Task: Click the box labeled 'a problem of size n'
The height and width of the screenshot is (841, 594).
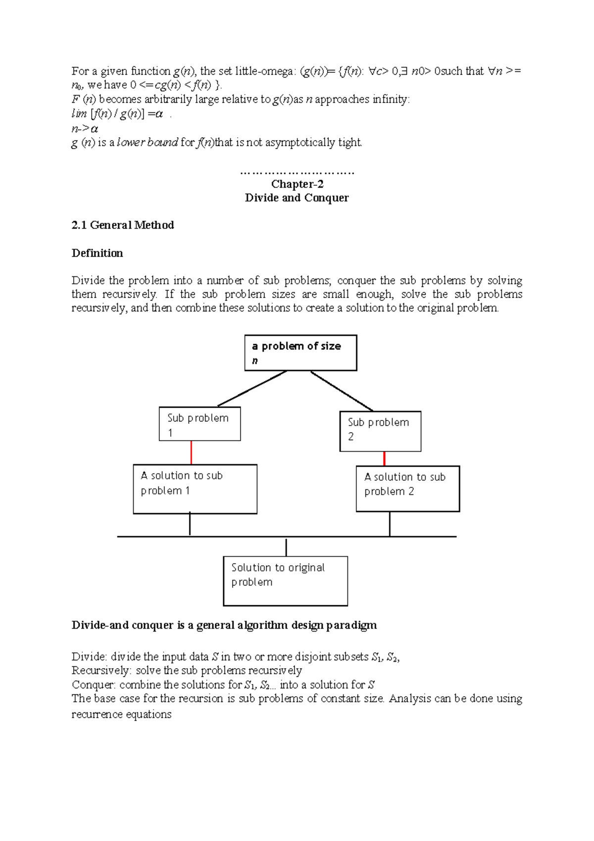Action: (x=300, y=353)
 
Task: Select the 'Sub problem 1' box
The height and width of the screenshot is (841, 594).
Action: (x=199, y=424)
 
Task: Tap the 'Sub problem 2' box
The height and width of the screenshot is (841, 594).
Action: (x=380, y=431)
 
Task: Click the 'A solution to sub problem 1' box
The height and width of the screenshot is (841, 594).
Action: (x=195, y=489)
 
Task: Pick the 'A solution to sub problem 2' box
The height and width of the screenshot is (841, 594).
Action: (x=407, y=488)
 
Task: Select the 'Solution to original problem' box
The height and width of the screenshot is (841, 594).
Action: (x=285, y=580)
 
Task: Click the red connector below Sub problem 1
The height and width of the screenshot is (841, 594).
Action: (x=191, y=452)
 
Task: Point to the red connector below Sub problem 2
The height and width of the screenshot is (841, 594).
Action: (x=384, y=458)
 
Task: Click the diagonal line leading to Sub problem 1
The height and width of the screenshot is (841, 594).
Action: (x=252, y=389)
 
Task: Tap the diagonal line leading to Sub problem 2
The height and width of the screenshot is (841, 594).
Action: (x=342, y=391)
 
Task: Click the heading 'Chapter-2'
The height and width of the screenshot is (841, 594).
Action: (x=297, y=184)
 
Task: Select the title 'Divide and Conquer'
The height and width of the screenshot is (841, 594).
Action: (x=297, y=198)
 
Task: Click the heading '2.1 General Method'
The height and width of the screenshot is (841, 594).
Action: (x=123, y=225)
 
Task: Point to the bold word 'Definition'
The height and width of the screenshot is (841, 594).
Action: (x=97, y=253)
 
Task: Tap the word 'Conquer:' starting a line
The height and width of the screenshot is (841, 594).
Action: (x=94, y=685)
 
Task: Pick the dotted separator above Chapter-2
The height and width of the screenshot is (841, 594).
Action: (x=297, y=173)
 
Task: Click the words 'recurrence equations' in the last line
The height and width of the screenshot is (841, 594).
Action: (x=121, y=714)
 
